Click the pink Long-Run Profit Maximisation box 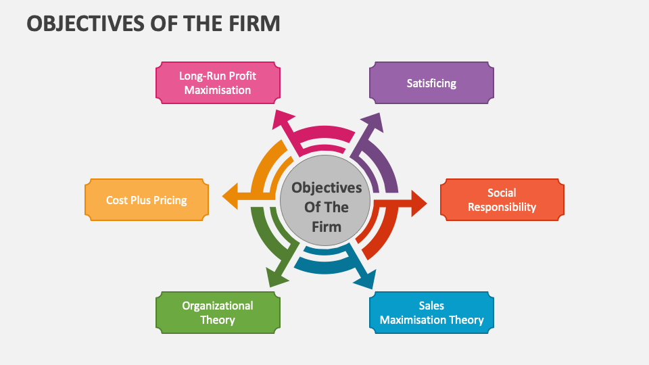point(218,82)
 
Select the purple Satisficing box point(431,83)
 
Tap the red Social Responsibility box point(502,200)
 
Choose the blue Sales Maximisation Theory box point(431,313)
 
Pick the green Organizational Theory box point(218,313)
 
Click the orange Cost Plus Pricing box point(146,200)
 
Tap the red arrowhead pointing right point(418,202)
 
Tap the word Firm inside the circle point(327,226)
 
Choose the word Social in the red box point(502,193)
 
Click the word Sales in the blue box point(431,306)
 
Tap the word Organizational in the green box point(218,306)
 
